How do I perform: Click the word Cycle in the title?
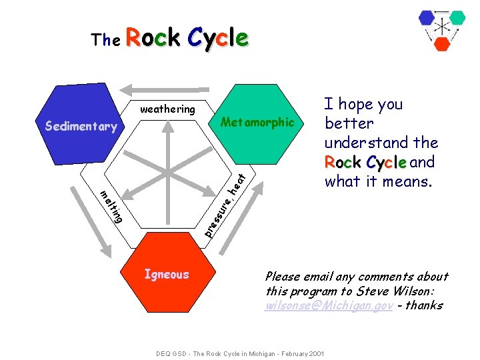coord(217,38)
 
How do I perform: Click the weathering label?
coord(167,109)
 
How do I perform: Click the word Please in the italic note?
coord(283,277)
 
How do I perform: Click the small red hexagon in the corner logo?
coord(442,44)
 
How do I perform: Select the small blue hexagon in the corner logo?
coord(427,18)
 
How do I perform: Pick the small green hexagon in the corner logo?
coord(457,17)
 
